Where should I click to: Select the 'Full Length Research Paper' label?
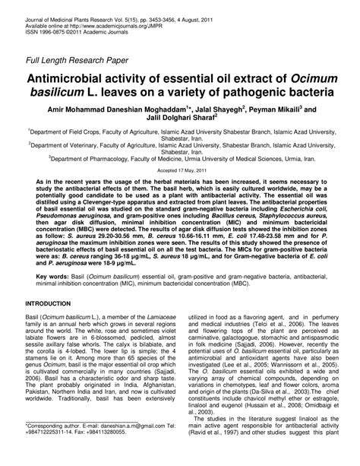77,59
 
